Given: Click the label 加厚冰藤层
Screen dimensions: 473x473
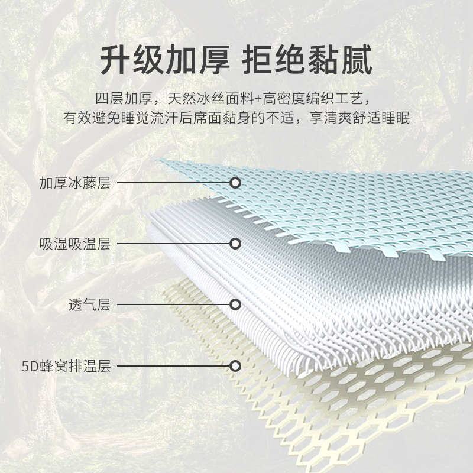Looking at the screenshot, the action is tap(75, 183).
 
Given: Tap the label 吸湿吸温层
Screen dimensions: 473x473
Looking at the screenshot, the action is tap(75, 244).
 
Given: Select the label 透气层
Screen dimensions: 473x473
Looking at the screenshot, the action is tap(89, 305).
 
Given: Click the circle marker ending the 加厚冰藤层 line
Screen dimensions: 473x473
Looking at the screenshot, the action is tap(235, 183).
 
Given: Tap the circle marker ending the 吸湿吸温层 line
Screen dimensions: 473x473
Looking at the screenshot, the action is tap(235, 244).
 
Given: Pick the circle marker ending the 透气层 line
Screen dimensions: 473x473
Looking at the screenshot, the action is tap(235, 305).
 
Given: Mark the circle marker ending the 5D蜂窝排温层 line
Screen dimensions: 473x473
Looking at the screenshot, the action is tap(235, 367).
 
